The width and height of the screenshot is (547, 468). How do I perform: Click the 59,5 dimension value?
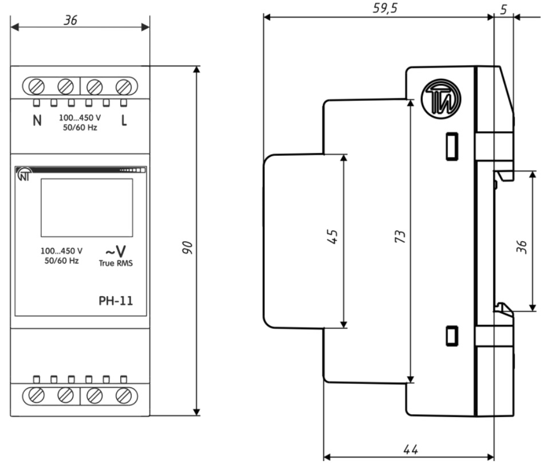(x=385, y=8)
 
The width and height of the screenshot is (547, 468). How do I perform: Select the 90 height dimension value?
(x=187, y=247)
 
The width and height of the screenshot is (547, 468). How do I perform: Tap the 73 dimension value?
(x=400, y=236)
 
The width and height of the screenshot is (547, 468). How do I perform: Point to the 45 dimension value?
(x=332, y=237)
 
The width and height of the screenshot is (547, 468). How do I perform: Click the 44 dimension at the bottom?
(x=411, y=449)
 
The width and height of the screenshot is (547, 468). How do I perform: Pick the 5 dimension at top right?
(x=503, y=9)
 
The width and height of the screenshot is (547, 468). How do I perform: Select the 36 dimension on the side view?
(x=522, y=247)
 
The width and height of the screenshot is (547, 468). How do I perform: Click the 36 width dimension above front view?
(x=70, y=20)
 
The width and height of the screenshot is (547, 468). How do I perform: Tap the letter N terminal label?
(x=37, y=120)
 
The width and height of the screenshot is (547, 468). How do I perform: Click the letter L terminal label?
(x=124, y=120)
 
